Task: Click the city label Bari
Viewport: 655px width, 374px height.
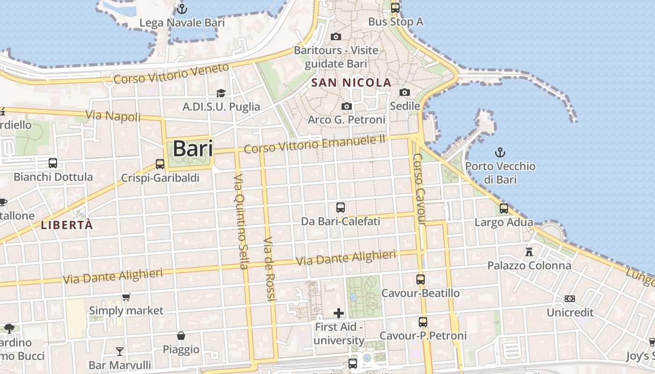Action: click(x=193, y=149)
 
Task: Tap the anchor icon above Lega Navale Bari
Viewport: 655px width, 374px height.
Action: click(x=182, y=9)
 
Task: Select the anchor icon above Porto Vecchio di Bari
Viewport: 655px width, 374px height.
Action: click(x=500, y=152)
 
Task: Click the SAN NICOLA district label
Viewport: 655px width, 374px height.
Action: click(x=351, y=83)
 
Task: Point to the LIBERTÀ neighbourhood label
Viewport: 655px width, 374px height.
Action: click(x=67, y=225)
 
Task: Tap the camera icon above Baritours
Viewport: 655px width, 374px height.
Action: click(x=335, y=36)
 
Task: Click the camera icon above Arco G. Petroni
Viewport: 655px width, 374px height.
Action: click(x=346, y=107)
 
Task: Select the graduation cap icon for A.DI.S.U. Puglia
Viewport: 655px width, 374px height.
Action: click(x=221, y=93)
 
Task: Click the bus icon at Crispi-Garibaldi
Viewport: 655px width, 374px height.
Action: click(x=160, y=164)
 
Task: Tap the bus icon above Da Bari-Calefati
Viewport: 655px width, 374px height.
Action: click(x=341, y=207)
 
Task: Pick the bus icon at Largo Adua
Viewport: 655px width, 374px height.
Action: click(x=504, y=209)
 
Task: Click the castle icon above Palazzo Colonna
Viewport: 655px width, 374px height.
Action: click(x=529, y=252)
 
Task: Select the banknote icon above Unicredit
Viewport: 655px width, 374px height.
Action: click(x=569, y=299)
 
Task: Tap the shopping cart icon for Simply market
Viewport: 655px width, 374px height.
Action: click(x=126, y=297)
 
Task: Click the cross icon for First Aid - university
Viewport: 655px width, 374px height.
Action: click(x=339, y=313)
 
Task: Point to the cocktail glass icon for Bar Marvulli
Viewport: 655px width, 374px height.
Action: click(x=120, y=351)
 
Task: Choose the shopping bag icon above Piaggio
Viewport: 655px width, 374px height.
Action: click(x=181, y=336)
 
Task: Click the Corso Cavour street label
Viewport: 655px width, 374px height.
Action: click(x=420, y=189)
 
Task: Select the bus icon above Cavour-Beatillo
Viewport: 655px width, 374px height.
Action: click(x=421, y=280)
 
